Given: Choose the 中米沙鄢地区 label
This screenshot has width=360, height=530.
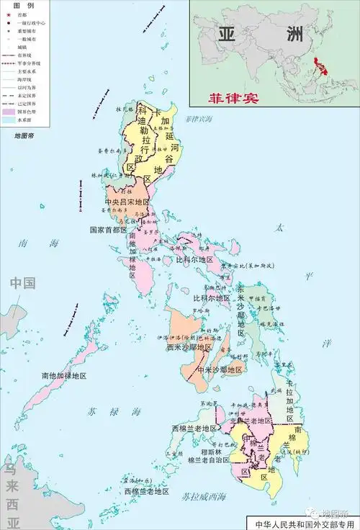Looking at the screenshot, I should (217, 369).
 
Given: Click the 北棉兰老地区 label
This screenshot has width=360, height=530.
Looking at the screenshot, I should (245, 420).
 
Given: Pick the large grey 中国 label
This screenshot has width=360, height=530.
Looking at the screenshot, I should (22, 283).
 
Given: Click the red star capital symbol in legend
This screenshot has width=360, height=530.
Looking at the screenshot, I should (8, 14).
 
